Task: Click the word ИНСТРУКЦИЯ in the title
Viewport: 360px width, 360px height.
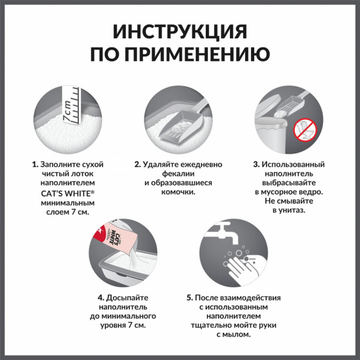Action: tap(180, 32)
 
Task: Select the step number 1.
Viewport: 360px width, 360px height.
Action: tap(34, 164)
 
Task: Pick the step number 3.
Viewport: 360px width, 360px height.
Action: tap(256, 164)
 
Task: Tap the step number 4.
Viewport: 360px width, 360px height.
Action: tap(100, 297)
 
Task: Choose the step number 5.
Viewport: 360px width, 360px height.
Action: tap(189, 297)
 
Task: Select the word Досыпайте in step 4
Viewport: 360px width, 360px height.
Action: tap(126, 297)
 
